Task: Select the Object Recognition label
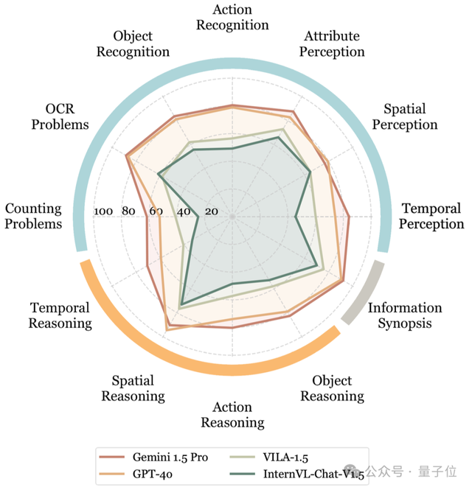coord(142,43)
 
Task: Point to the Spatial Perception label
coord(405,117)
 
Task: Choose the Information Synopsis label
coord(405,315)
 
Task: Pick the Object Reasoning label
coord(332,388)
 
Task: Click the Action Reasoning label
coord(232,415)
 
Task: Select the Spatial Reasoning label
coord(133,388)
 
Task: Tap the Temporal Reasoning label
coord(60,315)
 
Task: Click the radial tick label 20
coord(211,211)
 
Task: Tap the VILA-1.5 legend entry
coord(293,458)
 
